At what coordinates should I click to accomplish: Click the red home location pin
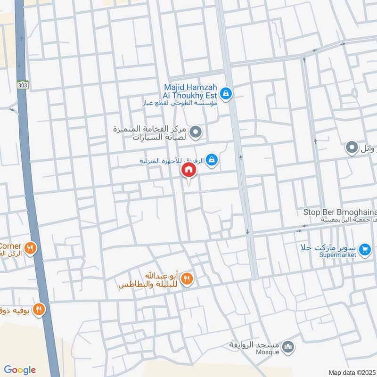click(x=188, y=171)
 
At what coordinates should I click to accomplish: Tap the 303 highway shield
click(x=21, y=86)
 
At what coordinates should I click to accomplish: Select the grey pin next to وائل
click(x=351, y=148)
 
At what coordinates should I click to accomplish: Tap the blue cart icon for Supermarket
click(x=364, y=250)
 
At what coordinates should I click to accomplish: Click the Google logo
click(x=20, y=370)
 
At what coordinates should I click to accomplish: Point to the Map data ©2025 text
click(x=352, y=373)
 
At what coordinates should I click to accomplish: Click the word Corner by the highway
click(x=10, y=246)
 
